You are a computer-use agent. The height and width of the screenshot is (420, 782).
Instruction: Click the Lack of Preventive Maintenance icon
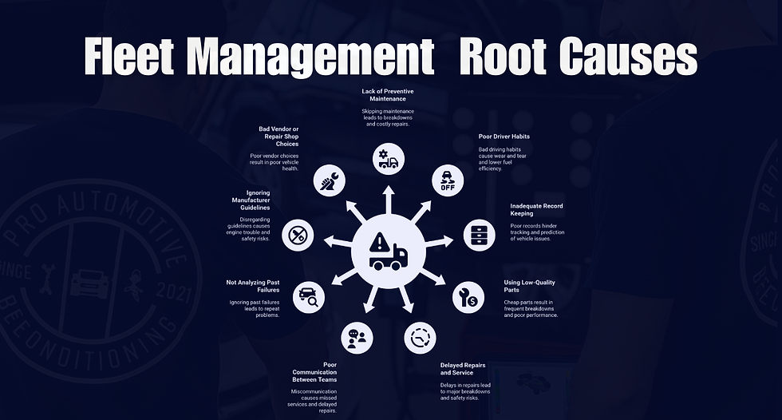[389, 160]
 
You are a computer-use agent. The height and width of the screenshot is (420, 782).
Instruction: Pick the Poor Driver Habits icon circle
[448, 180]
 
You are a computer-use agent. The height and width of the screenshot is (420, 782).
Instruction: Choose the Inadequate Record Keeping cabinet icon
[479, 235]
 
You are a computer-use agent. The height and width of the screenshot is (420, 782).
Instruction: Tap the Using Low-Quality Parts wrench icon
[468, 297]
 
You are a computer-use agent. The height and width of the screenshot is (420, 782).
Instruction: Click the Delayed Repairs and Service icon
[420, 338]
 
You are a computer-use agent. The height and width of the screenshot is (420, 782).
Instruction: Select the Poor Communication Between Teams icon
[357, 338]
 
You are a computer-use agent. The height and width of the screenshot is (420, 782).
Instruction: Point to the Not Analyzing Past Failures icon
[309, 297]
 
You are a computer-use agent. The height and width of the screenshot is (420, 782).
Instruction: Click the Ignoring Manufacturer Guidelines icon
[298, 235]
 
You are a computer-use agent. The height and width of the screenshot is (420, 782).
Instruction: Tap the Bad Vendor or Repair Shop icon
[330, 180]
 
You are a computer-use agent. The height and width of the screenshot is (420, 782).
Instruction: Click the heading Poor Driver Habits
[504, 137]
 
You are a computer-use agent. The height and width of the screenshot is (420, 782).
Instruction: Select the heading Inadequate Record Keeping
[536, 210]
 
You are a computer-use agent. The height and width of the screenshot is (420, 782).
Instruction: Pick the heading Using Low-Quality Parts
[530, 286]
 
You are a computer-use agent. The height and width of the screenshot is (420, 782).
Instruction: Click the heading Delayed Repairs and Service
[463, 369]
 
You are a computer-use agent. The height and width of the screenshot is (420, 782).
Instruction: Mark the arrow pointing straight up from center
[389, 200]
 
